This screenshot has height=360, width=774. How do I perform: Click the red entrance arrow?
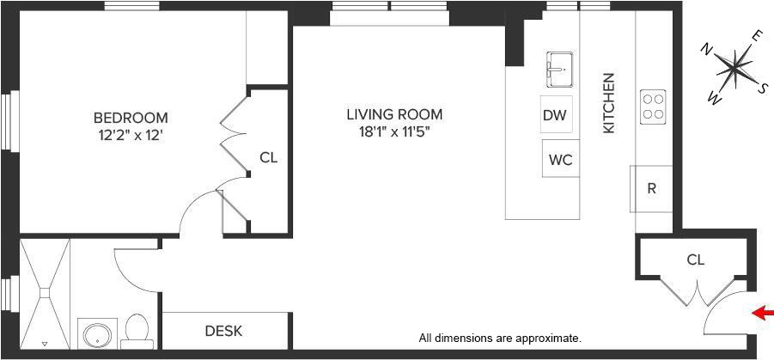(762, 313)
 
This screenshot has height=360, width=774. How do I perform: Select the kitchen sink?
(559, 68)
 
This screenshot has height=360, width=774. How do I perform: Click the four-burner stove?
(653, 106)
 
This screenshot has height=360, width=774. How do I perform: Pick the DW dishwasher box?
(556, 115)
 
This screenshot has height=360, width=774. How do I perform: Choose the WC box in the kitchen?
(560, 160)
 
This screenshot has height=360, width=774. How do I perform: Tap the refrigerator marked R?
(652, 188)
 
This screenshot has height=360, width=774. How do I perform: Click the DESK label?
(223, 331)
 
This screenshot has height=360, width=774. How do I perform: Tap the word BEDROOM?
(131, 118)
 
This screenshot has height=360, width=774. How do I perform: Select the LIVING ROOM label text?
(394, 113)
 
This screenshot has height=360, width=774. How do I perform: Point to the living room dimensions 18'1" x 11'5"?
(394, 131)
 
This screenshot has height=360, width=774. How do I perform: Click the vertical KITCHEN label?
(609, 102)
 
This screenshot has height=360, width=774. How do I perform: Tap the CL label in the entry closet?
(696, 259)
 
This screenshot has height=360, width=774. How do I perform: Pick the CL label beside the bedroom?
(269, 158)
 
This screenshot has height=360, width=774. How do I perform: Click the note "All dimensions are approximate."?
(500, 338)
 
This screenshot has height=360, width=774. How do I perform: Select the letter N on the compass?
(707, 48)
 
